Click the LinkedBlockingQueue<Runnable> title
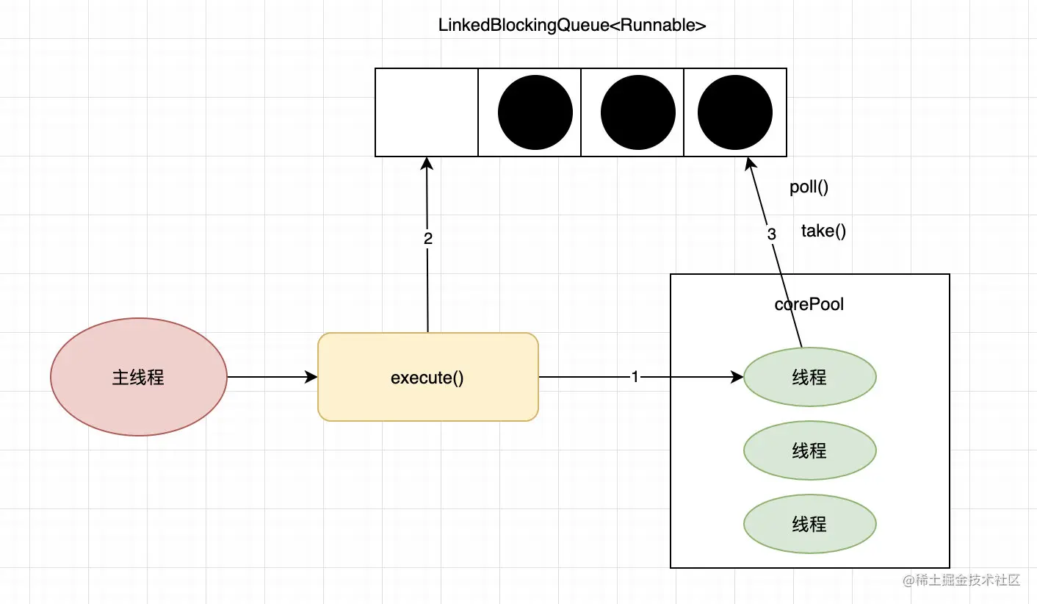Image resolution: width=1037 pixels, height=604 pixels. pyautogui.click(x=572, y=26)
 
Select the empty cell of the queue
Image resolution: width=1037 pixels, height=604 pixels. pyautogui.click(x=427, y=112)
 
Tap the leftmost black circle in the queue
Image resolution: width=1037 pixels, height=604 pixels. pyautogui.click(x=535, y=112)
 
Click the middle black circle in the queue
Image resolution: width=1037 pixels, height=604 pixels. pyautogui.click(x=638, y=112)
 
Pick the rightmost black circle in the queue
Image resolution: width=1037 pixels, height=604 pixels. pyautogui.click(x=735, y=112)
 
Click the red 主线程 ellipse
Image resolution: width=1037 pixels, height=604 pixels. pyautogui.click(x=138, y=376)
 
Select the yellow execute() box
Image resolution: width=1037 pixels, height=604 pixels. pyautogui.click(x=427, y=377)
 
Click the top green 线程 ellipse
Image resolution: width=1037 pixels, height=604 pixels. pyautogui.click(x=809, y=377)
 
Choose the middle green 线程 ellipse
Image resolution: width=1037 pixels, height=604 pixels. pyautogui.click(x=809, y=450)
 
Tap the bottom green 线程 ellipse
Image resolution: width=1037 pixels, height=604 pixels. pyautogui.click(x=809, y=524)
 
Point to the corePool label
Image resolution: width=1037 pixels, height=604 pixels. pyautogui.click(x=809, y=304)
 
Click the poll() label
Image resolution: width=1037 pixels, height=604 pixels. pyautogui.click(x=809, y=187)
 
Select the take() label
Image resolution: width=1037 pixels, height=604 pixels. pyautogui.click(x=823, y=231)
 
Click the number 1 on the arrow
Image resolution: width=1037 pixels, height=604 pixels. pyautogui.click(x=635, y=376)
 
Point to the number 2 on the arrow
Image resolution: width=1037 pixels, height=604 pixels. pyautogui.click(x=427, y=239)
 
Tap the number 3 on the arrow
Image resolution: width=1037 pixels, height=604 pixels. pyautogui.click(x=771, y=234)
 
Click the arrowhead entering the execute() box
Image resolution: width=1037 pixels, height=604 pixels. pyautogui.click(x=311, y=377)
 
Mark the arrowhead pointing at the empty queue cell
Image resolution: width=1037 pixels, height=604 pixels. pyautogui.click(x=427, y=164)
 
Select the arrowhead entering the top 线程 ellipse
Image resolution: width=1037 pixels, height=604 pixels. pyautogui.click(x=737, y=377)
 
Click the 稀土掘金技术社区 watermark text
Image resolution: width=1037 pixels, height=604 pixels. pyautogui.click(x=967, y=580)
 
